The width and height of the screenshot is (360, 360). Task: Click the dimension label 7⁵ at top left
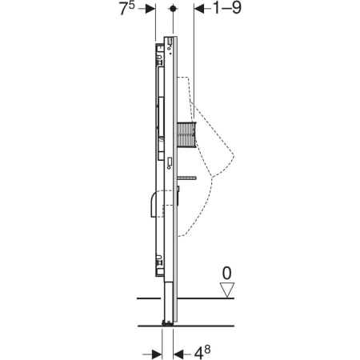[127, 9]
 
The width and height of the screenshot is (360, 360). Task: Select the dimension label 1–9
[227, 8]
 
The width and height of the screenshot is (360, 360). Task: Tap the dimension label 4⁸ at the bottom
[202, 353]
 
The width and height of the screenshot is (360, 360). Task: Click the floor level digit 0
[227, 274]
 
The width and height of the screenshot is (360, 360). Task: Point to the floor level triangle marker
[227, 290]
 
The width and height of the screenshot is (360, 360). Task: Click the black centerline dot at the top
[173, 9]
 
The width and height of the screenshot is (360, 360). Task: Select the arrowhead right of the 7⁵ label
[150, 9]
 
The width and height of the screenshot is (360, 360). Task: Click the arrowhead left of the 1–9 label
[199, 9]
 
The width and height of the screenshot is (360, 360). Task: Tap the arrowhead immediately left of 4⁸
[178, 354]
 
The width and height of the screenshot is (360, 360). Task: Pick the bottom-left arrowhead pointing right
[157, 354]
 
